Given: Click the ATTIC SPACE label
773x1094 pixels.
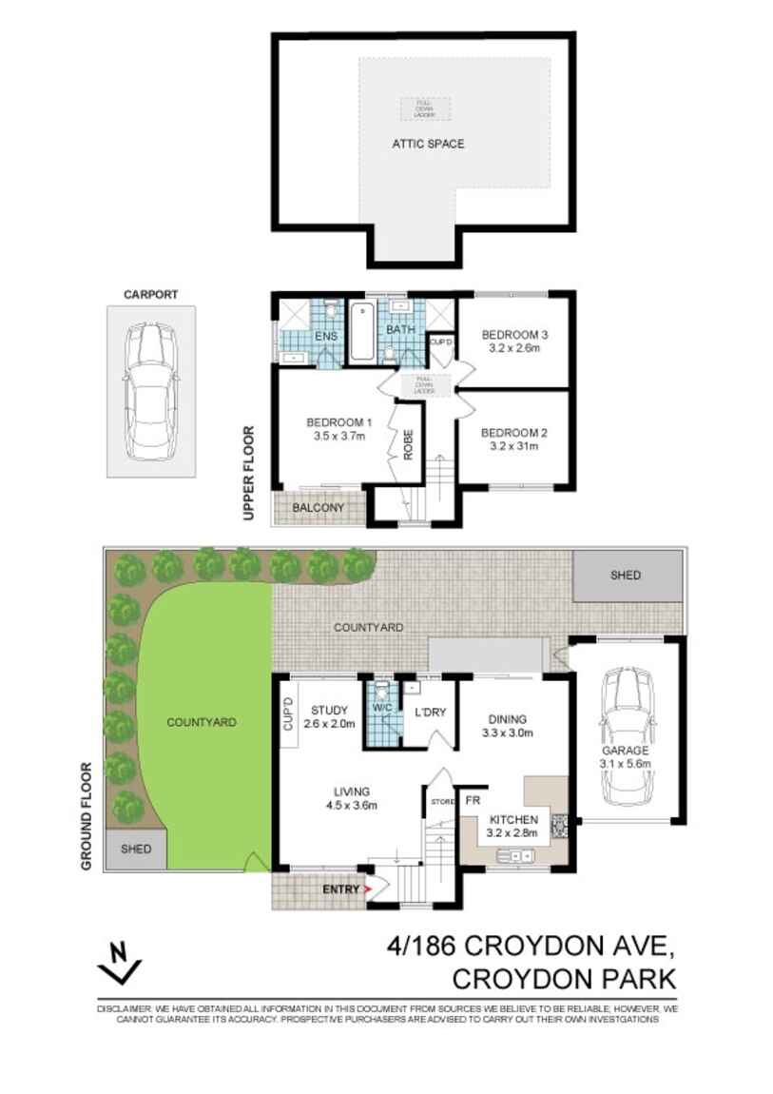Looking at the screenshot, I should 428,145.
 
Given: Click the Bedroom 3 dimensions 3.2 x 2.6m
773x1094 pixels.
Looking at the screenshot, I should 514,349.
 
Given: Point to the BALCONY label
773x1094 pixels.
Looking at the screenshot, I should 319,508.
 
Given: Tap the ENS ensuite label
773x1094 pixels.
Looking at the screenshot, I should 326,336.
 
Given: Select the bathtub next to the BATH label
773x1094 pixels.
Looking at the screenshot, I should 362,332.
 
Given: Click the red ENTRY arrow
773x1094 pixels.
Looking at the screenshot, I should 366,889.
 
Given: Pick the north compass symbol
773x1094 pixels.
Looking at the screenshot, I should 120,962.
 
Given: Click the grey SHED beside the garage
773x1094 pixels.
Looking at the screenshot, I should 626,576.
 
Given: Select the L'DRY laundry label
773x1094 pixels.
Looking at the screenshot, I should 430,712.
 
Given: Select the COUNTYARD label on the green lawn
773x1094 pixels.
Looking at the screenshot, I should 201,722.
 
